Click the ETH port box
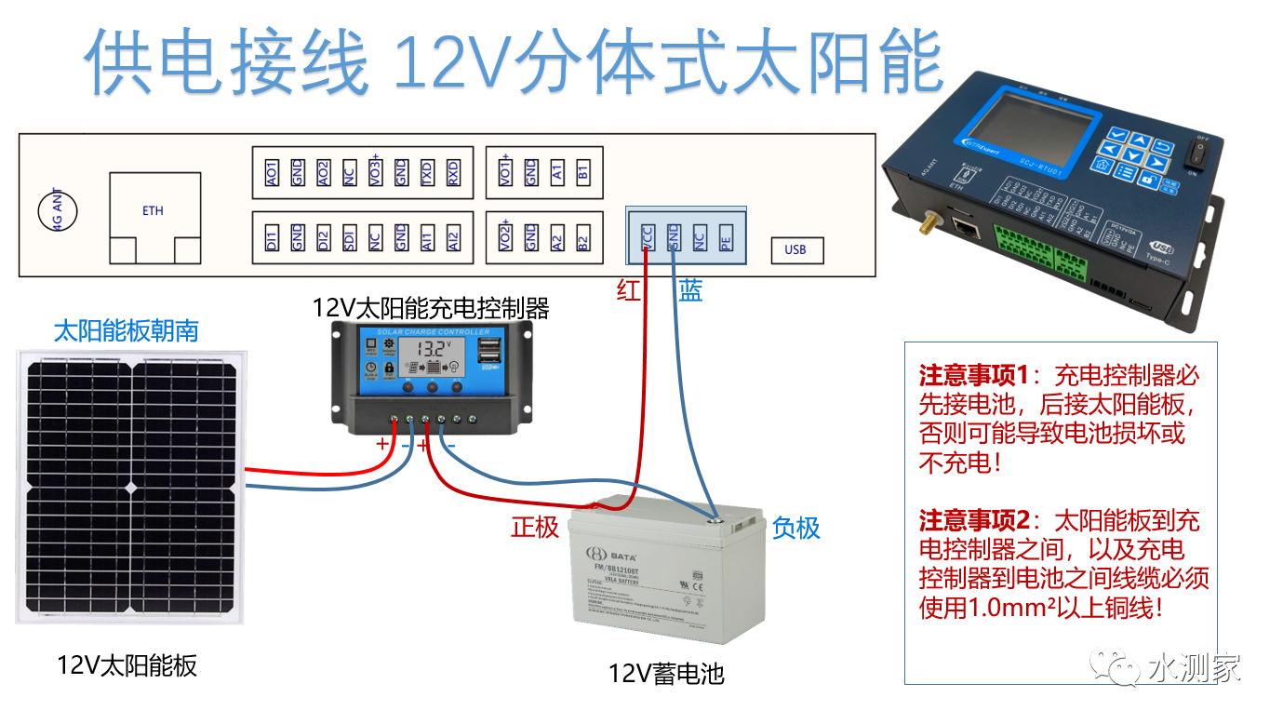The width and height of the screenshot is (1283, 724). (154, 211)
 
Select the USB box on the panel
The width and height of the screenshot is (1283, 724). (796, 249)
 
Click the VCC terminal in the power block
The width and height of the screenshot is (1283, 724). (647, 237)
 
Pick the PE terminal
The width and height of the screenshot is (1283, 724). (726, 237)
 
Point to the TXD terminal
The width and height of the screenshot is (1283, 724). (427, 171)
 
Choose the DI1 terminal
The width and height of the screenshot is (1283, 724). (272, 237)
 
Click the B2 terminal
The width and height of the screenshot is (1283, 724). (583, 237)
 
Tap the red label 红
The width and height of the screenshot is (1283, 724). (629, 290)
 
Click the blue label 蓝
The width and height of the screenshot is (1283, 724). (690, 290)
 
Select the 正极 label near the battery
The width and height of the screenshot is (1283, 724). (535, 527)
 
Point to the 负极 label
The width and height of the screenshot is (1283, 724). (796, 528)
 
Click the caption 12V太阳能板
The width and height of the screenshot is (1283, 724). (127, 665)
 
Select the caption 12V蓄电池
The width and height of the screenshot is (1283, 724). (666, 673)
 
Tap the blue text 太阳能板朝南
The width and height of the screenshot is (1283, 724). (127, 330)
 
